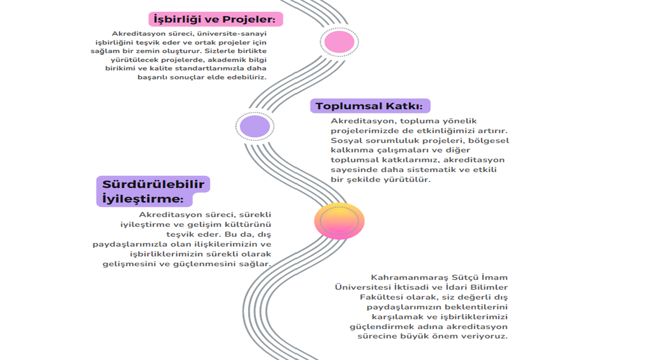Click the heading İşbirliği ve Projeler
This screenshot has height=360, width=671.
215,19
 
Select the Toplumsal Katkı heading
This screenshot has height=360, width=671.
369,106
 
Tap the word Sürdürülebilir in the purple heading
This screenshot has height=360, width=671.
153,184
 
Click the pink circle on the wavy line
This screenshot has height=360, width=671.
339,41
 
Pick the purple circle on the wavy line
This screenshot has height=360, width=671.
254,126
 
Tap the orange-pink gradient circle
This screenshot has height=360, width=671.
339,221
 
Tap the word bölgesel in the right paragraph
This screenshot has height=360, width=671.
489,141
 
